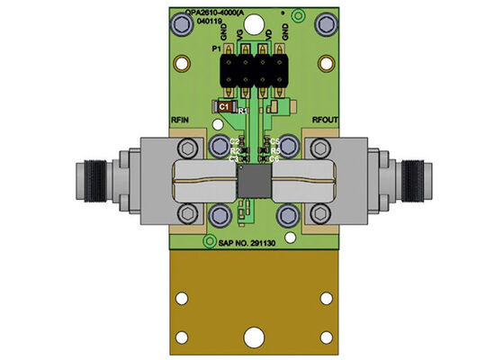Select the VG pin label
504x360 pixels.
[238, 37]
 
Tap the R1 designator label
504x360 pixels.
[241, 109]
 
